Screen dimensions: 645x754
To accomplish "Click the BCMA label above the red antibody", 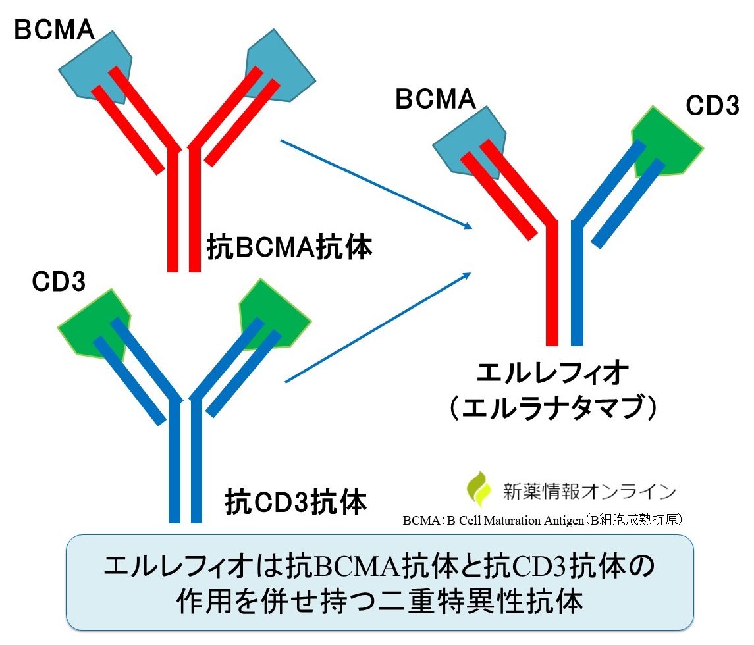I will [55, 30].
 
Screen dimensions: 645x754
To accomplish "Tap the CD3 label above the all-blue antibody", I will [59, 282].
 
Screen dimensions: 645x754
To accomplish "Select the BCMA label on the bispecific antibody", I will [435, 99].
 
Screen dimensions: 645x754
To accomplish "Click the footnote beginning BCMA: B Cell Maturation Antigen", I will [546, 520].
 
